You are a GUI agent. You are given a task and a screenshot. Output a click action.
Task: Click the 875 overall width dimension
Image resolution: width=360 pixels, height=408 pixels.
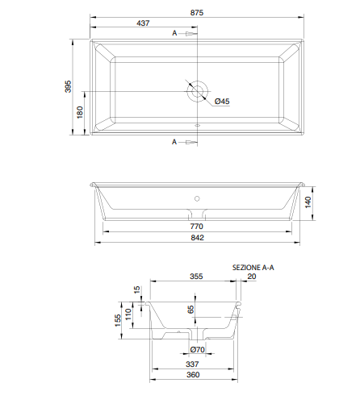pyautogui.click(x=197, y=13)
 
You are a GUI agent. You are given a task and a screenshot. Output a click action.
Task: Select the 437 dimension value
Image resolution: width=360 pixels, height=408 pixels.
pyautogui.click(x=143, y=23)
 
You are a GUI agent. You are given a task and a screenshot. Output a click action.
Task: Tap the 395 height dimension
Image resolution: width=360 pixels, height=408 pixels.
pyautogui.click(x=69, y=86)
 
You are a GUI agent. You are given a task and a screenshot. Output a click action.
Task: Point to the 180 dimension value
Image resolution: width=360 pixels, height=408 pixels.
pyautogui.click(x=80, y=112)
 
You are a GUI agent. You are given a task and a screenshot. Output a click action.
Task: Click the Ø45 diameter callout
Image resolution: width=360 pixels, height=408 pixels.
pyautogui.click(x=222, y=102)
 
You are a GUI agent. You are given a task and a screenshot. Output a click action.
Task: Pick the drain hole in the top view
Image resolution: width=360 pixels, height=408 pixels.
pyautogui.click(x=198, y=91)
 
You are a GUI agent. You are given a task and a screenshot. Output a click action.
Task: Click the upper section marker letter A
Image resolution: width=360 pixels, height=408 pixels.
pyautogui.click(x=174, y=33)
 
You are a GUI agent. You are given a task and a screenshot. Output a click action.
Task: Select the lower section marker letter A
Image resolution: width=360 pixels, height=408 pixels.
pyautogui.click(x=174, y=142)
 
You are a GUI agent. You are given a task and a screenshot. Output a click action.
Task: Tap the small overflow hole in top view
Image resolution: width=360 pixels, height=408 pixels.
pyautogui.click(x=198, y=125)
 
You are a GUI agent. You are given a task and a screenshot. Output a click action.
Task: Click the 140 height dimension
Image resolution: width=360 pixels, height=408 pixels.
pyautogui.click(x=308, y=202)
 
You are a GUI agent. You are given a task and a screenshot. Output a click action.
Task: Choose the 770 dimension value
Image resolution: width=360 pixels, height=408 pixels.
pyautogui.click(x=197, y=227)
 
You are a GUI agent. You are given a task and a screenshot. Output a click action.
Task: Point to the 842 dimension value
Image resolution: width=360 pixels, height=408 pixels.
pyautogui.click(x=198, y=238)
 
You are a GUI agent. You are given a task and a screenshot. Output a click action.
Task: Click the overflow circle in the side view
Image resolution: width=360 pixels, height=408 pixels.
pyautogui.click(x=197, y=198)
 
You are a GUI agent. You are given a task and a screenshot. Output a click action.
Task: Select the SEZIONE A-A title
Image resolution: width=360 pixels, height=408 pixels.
pyautogui.click(x=253, y=268)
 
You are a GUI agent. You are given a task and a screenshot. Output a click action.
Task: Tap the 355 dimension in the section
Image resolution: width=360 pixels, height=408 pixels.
pyautogui.click(x=196, y=277)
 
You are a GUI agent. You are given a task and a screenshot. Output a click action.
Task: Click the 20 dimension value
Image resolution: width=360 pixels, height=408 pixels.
pyautogui.click(x=252, y=277)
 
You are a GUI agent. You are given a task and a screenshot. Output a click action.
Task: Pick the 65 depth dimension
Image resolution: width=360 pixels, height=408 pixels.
pyautogui.click(x=190, y=310)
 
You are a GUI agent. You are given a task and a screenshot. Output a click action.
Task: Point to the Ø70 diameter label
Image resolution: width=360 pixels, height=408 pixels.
pyautogui.click(x=198, y=350)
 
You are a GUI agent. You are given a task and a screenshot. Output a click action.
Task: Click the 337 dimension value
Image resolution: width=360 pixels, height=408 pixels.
pyautogui.click(x=192, y=364)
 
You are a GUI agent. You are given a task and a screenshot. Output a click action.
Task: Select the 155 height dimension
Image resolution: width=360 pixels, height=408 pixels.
pyautogui.click(x=118, y=320)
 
